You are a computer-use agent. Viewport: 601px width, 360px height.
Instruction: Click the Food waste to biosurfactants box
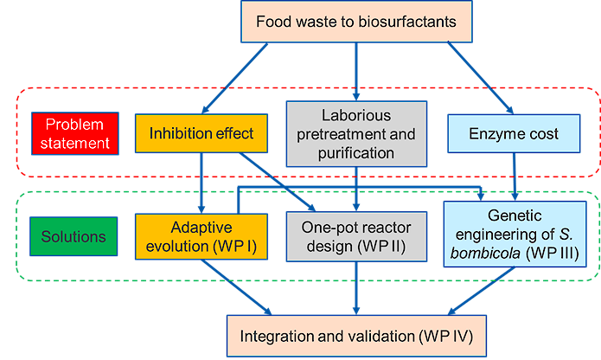click(356, 21)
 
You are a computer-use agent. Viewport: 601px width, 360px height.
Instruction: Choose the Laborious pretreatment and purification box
click(356, 134)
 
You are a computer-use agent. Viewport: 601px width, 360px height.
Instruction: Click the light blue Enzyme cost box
click(514, 134)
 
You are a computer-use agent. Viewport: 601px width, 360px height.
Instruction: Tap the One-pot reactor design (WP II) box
click(356, 236)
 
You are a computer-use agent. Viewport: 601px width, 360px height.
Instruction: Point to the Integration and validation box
click(356, 334)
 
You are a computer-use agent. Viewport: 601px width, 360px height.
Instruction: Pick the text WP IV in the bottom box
click(445, 334)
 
